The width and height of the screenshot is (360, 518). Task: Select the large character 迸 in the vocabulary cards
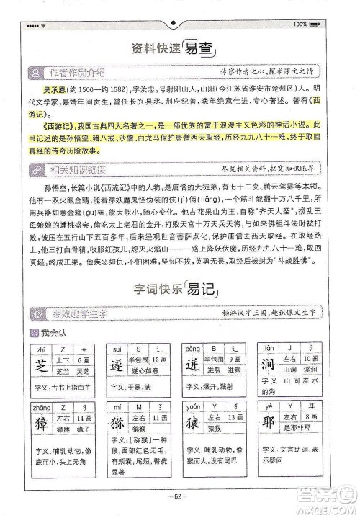pos(193,364)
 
